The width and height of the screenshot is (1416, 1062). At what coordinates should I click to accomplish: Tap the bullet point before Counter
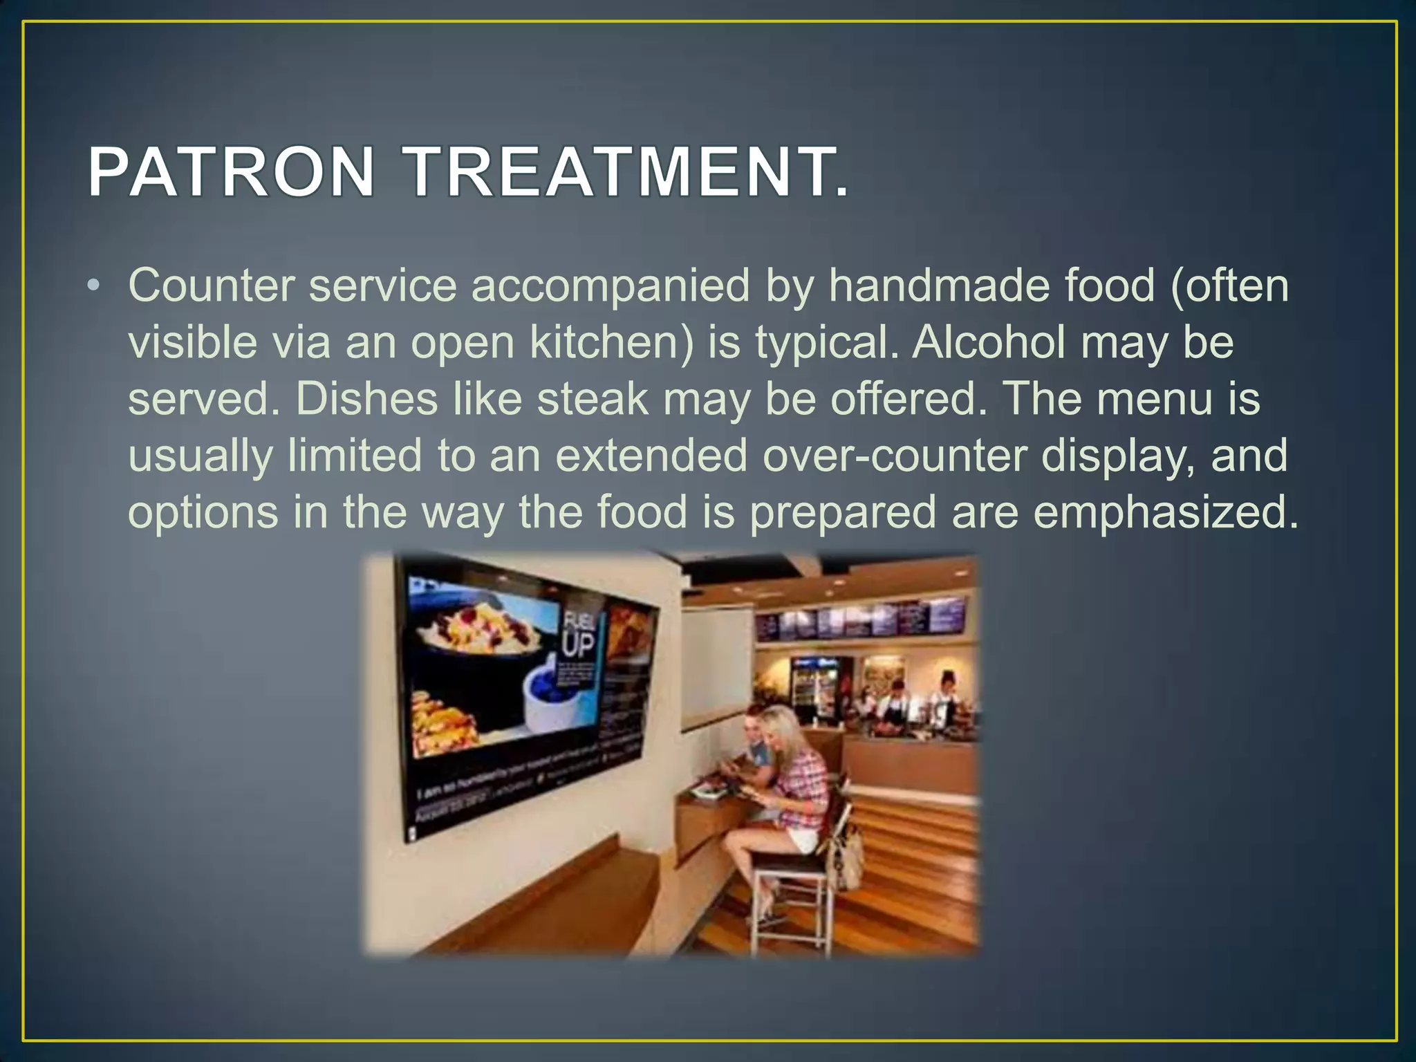pyautogui.click(x=95, y=286)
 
